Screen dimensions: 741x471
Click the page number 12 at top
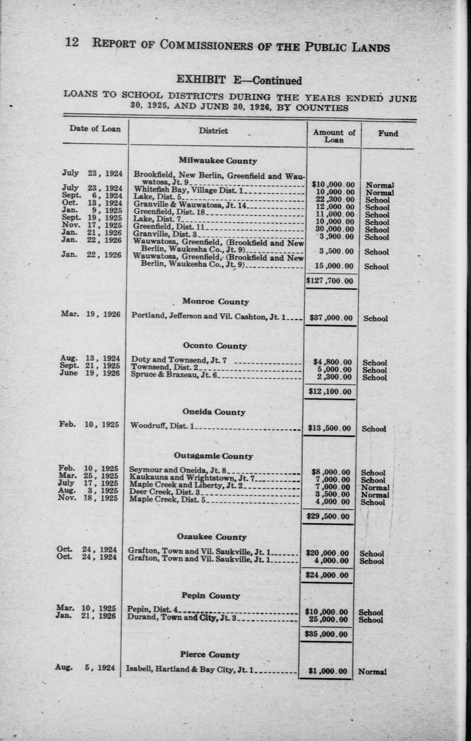point(72,43)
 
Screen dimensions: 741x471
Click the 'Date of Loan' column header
point(95,128)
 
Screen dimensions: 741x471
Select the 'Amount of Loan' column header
point(334,136)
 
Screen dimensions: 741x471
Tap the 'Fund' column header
point(388,133)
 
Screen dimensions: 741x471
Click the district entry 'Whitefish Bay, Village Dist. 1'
point(188,190)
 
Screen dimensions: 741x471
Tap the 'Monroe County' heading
point(215,301)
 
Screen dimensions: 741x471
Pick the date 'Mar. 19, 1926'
point(90,314)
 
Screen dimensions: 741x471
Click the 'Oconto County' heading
point(215,346)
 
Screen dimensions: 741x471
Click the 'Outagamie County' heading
point(213,456)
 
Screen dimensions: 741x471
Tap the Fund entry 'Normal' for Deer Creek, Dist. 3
point(375,495)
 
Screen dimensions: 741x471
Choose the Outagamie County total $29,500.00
point(329,516)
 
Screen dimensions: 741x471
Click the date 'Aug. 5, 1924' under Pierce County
point(85,668)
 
